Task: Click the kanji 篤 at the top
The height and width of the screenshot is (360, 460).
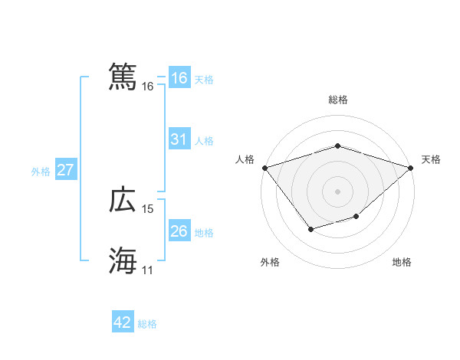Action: click(x=123, y=77)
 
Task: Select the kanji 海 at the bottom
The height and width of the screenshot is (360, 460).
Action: click(x=123, y=260)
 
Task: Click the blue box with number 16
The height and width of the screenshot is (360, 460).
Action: click(x=179, y=78)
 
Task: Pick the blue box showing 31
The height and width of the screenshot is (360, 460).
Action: click(x=179, y=139)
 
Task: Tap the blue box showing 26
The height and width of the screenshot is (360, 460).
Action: click(x=179, y=231)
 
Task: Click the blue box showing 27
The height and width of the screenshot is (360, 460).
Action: click(x=65, y=170)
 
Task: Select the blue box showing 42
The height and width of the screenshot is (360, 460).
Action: click(x=123, y=322)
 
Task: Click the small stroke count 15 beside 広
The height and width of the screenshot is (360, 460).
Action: click(x=148, y=209)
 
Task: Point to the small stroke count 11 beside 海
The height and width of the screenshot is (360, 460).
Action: click(x=148, y=270)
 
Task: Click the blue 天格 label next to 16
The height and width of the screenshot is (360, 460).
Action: click(x=204, y=80)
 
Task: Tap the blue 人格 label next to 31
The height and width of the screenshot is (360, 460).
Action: click(x=204, y=141)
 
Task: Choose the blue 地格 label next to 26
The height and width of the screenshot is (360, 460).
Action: click(x=204, y=233)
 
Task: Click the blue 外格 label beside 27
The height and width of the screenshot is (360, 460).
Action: click(x=41, y=172)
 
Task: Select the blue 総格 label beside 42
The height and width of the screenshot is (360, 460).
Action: click(x=147, y=324)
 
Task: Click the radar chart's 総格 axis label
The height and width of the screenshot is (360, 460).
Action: click(x=338, y=100)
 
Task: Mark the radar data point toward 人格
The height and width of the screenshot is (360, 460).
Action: click(x=264, y=167)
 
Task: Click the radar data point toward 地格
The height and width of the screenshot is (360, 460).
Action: click(x=356, y=217)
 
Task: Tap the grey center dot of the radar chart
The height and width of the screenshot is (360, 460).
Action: click(x=338, y=191)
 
